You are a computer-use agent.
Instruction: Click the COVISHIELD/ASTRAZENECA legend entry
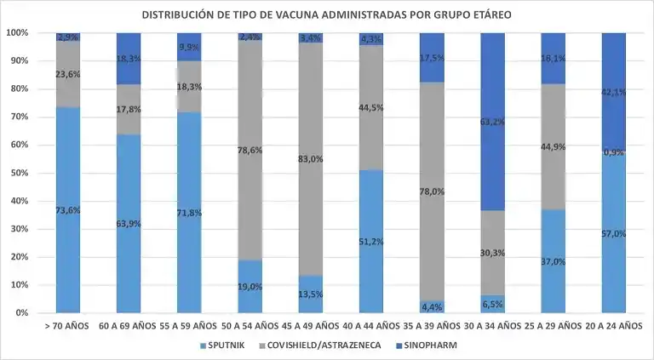pos(325,346)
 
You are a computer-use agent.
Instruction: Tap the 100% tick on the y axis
pos(17,32)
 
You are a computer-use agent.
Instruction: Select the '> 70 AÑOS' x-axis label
pos(68,325)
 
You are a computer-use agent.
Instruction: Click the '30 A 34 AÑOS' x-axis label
pos(493,325)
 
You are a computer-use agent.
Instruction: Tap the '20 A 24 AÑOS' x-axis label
pos(615,325)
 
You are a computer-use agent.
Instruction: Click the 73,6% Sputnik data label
pos(68,210)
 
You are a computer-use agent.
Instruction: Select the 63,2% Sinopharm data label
pos(493,122)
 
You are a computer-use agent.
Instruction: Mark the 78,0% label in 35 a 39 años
pos(433,191)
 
